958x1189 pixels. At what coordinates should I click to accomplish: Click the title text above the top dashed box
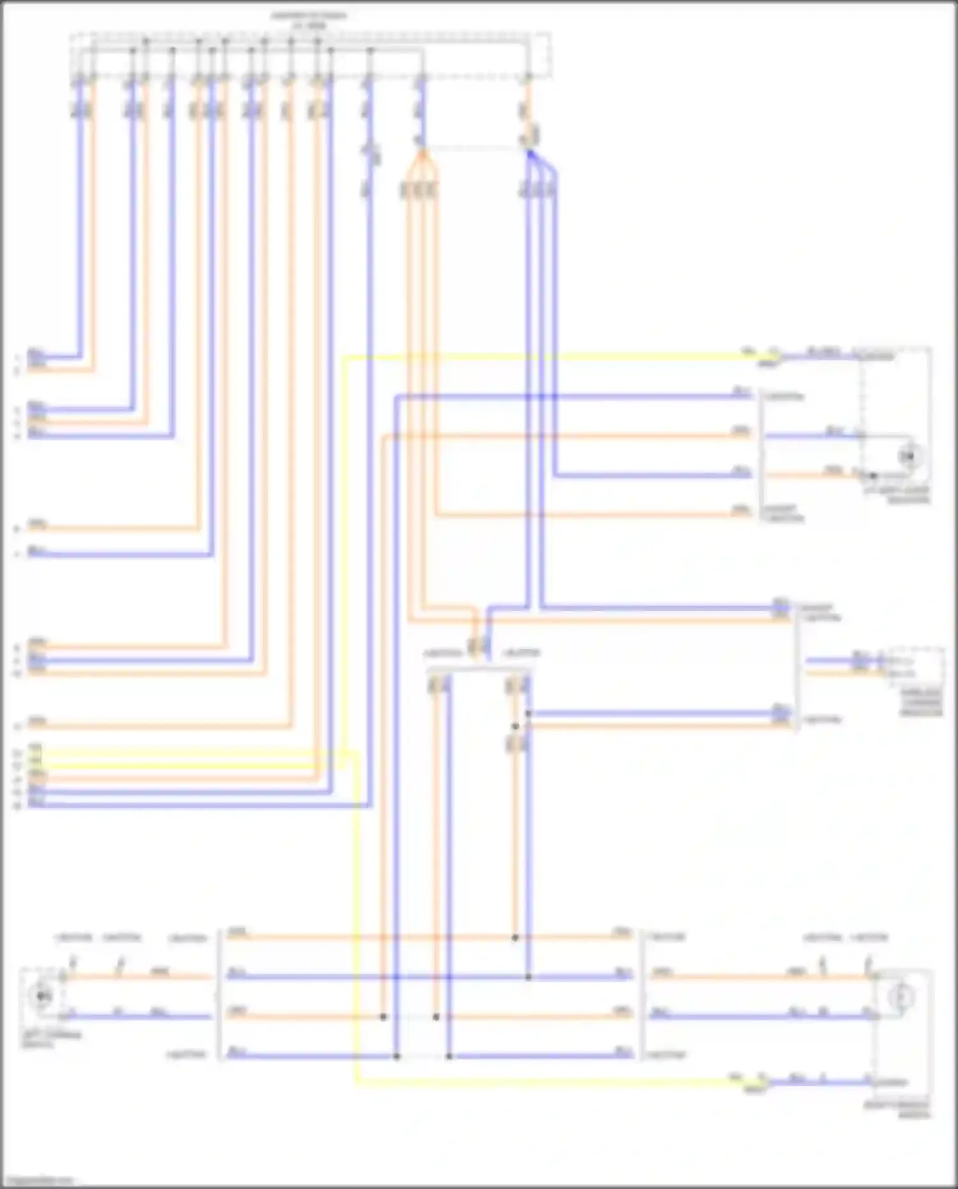click(309, 19)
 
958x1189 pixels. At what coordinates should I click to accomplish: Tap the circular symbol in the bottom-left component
click(43, 995)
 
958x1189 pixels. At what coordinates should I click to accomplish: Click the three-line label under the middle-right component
click(922, 702)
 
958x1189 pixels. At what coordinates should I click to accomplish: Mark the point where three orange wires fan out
click(421, 153)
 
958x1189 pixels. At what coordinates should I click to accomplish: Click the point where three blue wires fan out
click(529, 153)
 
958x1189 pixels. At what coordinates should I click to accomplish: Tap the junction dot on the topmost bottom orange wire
click(515, 938)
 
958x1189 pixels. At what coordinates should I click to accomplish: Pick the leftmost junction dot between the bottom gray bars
click(383, 1016)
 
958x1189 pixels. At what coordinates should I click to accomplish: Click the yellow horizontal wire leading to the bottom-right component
click(543, 1082)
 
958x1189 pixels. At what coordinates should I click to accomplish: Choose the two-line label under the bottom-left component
click(51, 1039)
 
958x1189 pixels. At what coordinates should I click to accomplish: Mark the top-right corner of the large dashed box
click(550, 33)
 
